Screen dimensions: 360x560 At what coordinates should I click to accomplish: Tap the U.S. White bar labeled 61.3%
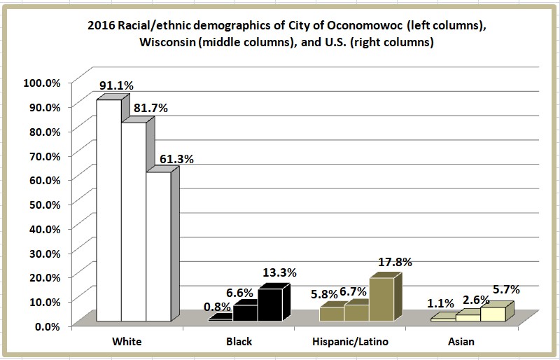click(158, 245)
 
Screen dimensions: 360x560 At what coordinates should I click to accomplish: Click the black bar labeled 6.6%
click(245, 312)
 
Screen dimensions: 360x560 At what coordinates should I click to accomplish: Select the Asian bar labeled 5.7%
click(492, 314)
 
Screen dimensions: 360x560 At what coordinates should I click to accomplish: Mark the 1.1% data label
click(441, 305)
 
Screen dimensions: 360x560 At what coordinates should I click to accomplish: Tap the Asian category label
click(461, 342)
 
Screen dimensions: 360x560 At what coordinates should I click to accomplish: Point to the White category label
click(128, 342)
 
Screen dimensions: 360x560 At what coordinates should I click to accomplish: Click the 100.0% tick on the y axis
click(43, 82)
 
